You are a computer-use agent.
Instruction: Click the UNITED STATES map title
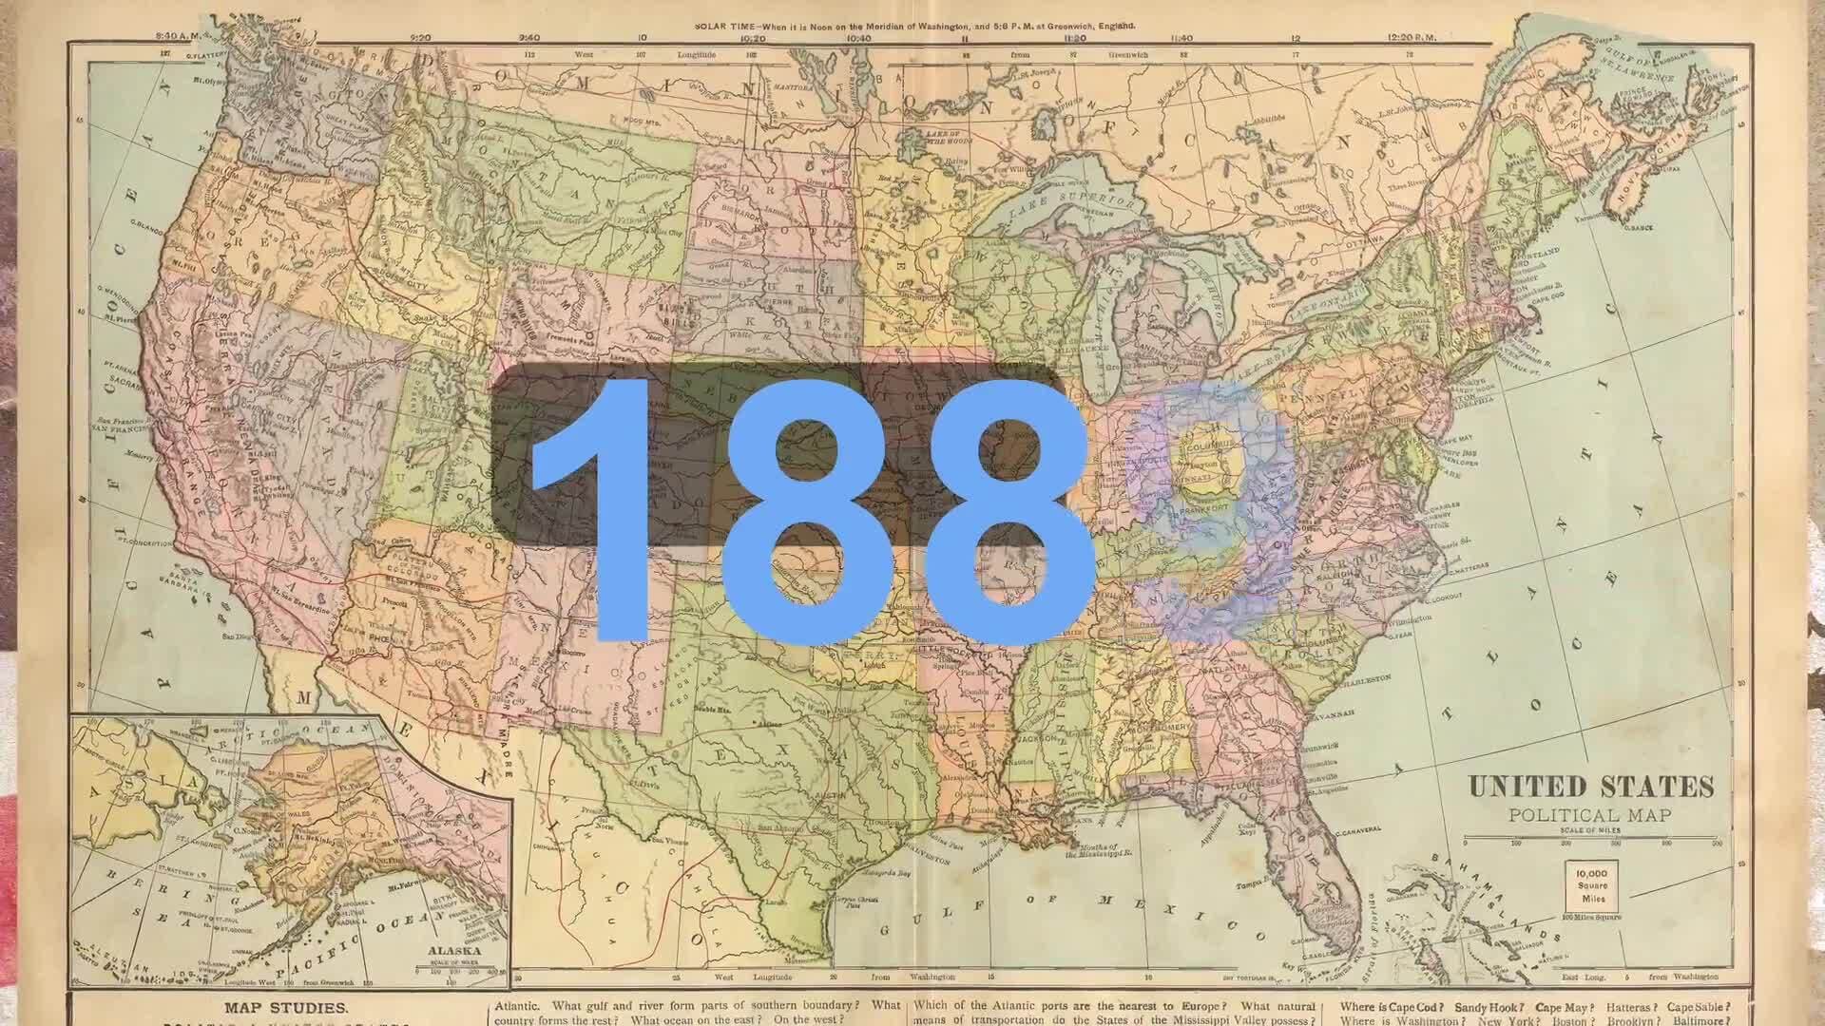(x=1591, y=787)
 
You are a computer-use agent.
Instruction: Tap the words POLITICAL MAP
(x=1589, y=815)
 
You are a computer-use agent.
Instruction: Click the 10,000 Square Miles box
(x=1591, y=885)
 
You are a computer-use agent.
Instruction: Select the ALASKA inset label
(x=453, y=950)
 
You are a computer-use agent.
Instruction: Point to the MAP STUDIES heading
(x=286, y=1008)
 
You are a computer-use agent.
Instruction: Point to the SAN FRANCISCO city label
(x=123, y=429)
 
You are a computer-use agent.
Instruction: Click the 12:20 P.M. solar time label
(x=1412, y=37)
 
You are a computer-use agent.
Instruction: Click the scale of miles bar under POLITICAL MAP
(x=1589, y=842)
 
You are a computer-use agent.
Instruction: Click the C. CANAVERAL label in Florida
(x=1359, y=831)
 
